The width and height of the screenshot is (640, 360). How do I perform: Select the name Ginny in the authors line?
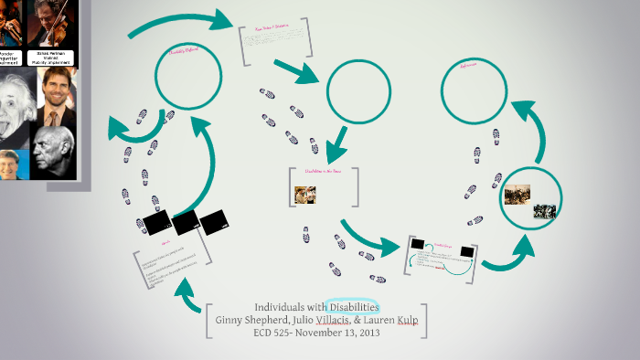coord(229,321)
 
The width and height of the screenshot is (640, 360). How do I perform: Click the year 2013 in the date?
coord(368,334)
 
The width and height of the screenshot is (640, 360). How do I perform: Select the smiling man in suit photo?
coord(59,96)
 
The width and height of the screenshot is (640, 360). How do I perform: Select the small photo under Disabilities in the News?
coord(305,195)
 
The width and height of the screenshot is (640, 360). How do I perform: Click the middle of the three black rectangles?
coord(187,222)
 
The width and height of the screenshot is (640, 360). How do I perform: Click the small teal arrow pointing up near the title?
coord(188,295)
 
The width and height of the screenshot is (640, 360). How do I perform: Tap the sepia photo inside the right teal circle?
coord(517,194)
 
